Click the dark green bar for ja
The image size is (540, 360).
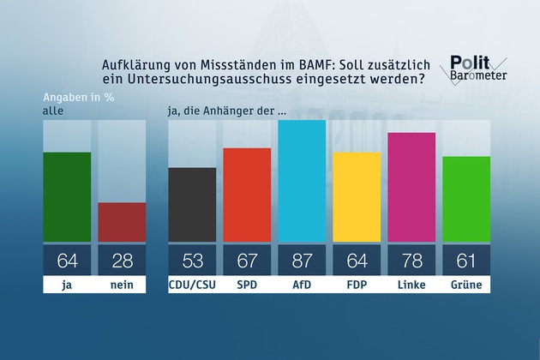(x=67, y=197)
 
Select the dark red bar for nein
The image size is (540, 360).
(x=122, y=222)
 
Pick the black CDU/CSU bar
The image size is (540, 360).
(x=192, y=205)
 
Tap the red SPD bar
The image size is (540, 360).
(x=247, y=195)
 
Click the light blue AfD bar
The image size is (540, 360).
(x=302, y=182)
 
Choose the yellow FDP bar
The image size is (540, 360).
(x=357, y=198)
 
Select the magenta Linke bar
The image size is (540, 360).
(x=411, y=188)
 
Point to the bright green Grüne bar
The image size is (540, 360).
(x=466, y=200)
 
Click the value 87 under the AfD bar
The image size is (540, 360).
(x=302, y=260)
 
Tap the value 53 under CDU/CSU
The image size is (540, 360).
(x=192, y=260)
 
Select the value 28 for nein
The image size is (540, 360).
(x=122, y=260)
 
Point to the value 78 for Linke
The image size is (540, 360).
(x=411, y=260)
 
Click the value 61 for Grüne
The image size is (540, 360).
(x=466, y=260)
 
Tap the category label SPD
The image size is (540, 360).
(x=247, y=285)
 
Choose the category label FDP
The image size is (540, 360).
(x=357, y=285)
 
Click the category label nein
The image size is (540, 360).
(x=122, y=285)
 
